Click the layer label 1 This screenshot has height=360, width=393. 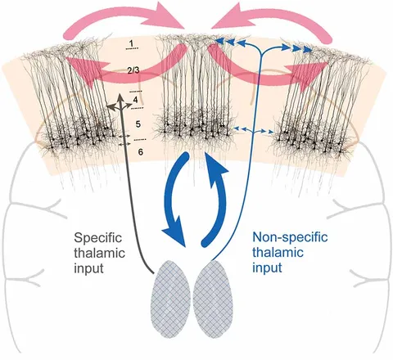[132, 43]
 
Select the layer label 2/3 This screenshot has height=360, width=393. [133, 71]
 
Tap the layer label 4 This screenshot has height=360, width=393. [135, 100]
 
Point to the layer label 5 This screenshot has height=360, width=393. [138, 124]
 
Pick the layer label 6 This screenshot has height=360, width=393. [140, 152]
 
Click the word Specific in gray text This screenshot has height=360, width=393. [98, 238]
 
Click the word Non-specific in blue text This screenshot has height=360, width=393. [290, 237]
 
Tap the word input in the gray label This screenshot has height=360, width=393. [88, 268]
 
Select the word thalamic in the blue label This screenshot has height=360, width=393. [278, 252]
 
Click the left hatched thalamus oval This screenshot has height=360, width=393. [170, 299]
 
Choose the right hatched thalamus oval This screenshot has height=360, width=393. [213, 299]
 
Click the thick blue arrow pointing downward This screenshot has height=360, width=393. [172, 199]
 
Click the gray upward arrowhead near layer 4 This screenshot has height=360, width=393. [120, 98]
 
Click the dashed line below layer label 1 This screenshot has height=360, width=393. [132, 48]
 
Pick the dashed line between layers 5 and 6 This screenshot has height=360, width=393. [141, 140]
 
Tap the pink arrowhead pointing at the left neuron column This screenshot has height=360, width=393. [82, 70]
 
